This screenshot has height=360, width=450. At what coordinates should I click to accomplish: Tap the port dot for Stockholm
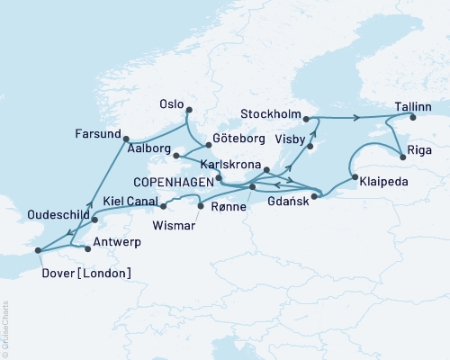point(307,118)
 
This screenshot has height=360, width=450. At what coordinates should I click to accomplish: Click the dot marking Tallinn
point(412,117)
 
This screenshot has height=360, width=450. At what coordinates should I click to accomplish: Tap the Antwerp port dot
point(86,246)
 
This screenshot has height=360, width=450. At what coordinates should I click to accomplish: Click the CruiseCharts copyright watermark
point(8,328)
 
